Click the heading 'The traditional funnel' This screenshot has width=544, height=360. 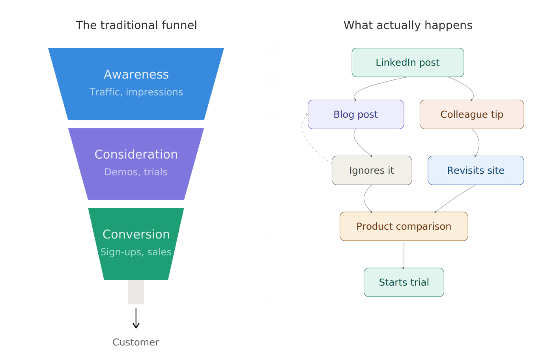[136, 25]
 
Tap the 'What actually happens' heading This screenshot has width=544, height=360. [408, 25]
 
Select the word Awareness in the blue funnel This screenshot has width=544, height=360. [136, 75]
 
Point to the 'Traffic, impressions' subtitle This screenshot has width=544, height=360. [136, 92]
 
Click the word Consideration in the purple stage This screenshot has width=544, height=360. [136, 154]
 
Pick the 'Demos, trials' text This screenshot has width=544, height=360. [136, 172]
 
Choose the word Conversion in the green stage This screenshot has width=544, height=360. [136, 234]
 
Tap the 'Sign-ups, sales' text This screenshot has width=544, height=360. [136, 252]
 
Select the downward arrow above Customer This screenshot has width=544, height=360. [136, 318]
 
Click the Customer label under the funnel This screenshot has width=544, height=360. [136, 342]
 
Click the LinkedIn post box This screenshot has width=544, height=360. [408, 62]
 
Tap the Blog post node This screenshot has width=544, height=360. [355, 114]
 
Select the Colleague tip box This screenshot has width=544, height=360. [471, 114]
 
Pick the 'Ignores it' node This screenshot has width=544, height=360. [372, 171]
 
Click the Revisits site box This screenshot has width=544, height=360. [475, 171]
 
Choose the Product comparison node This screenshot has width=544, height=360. [404, 227]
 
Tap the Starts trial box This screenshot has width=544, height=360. [404, 282]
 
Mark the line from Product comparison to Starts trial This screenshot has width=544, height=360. [404, 255]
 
